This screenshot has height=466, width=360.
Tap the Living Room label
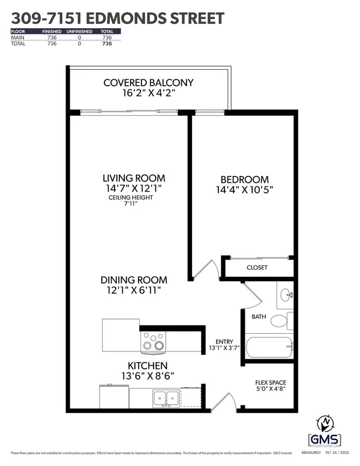pyautogui.click(x=133, y=178)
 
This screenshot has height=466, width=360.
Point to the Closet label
pyautogui.click(x=257, y=267)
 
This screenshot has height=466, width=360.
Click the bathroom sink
pyautogui.click(x=286, y=295)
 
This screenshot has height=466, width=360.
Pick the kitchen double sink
pyautogui.click(x=166, y=397)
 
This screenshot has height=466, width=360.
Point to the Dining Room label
pyautogui.click(x=134, y=280)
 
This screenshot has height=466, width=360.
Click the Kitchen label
pyautogui.click(x=147, y=366)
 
